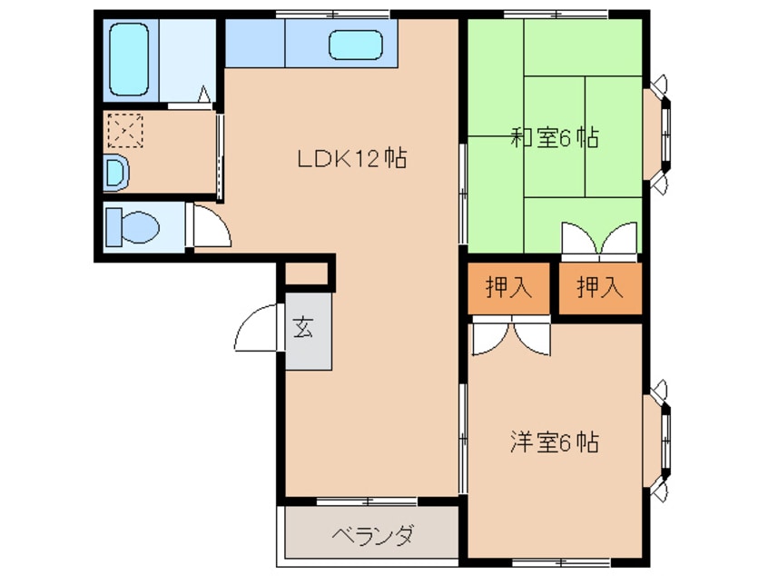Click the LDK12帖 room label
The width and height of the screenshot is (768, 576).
pyautogui.click(x=352, y=158)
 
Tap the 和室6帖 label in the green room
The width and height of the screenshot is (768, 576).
pyautogui.click(x=555, y=138)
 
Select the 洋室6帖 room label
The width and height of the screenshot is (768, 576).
pyautogui.click(x=555, y=442)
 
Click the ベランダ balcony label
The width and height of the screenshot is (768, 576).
pyautogui.click(x=373, y=536)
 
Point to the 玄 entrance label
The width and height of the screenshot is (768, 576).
pyautogui.click(x=303, y=328)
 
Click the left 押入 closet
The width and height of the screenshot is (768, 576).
pyautogui.click(x=508, y=288)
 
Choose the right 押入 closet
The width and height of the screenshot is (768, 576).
pyautogui.click(x=600, y=288)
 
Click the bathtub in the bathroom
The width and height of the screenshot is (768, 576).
pyautogui.click(x=129, y=59)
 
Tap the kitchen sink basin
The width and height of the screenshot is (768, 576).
pyautogui.click(x=356, y=45)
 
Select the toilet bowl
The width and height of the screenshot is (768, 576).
pyautogui.click(x=133, y=227)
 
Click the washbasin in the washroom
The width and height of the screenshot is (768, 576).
pyautogui.click(x=117, y=173)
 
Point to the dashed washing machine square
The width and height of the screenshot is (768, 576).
pyautogui.click(x=125, y=131)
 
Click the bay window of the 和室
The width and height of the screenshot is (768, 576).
pyautogui.click(x=658, y=134)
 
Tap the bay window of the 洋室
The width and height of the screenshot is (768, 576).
pyautogui.click(x=658, y=440)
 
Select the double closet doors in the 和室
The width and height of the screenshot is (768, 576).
pyautogui.click(x=599, y=239)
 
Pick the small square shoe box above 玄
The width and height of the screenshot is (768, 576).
pyautogui.click(x=306, y=273)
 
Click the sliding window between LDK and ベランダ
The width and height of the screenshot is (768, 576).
pyautogui.click(x=367, y=501)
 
